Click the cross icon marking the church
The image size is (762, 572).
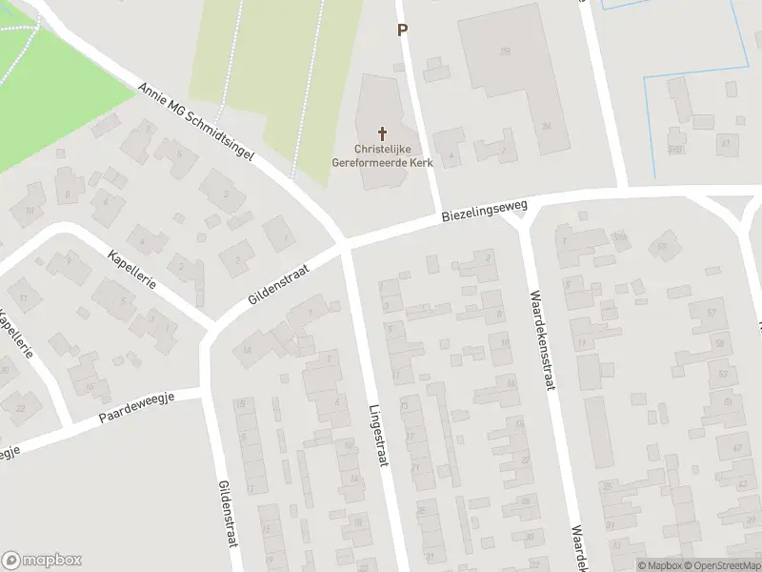pyautogui.click(x=384, y=133)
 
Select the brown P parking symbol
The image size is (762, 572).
pyautogui.click(x=402, y=30)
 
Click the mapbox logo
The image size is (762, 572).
pyautogui.click(x=41, y=560)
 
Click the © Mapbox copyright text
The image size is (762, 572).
pyautogui.click(x=659, y=565)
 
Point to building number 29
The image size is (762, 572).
pyautogui.click(x=505, y=51)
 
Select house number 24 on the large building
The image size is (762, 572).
pyautogui.click(x=546, y=126)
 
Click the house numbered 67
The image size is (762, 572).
pyautogui.click(x=726, y=143)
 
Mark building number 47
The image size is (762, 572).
pyautogui.click(x=735, y=447)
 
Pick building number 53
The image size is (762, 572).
pyautogui.click(x=723, y=375)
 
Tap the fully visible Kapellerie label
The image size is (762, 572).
pyautogui.click(x=132, y=273)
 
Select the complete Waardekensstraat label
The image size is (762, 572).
pyautogui.click(x=542, y=340)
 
